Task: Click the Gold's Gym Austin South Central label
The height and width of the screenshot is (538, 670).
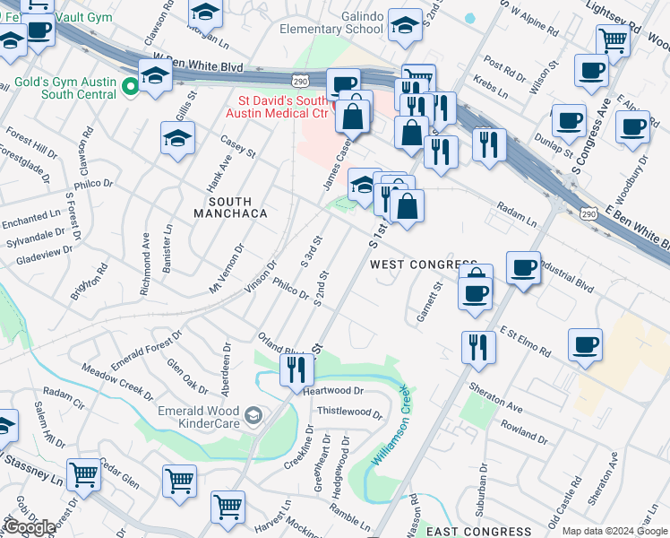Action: pyautogui.click(x=65, y=88)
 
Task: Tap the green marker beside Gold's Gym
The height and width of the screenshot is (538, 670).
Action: pyautogui.click(x=131, y=87)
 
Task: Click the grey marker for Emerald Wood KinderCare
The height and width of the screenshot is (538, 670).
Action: pyautogui.click(x=255, y=414)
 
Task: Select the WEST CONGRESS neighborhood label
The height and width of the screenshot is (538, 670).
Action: pyautogui.click(x=422, y=265)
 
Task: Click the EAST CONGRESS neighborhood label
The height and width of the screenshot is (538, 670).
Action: pyautogui.click(x=472, y=532)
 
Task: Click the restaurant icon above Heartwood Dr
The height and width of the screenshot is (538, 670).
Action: pyautogui.click(x=296, y=368)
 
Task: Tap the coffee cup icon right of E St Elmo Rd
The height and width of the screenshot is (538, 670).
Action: pyautogui.click(x=585, y=344)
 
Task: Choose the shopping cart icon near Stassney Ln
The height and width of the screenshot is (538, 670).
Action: pyautogui.click(x=83, y=473)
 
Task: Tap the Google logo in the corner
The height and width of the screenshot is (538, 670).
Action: pyautogui.click(x=29, y=527)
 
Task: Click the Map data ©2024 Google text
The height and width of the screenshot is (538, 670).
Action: pyautogui.click(x=614, y=531)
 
